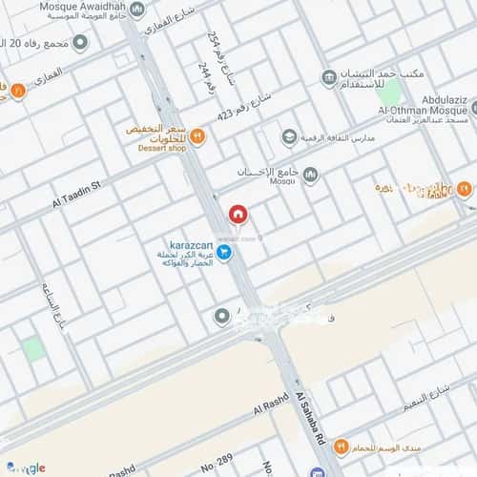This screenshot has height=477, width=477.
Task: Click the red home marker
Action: [x=238, y=215]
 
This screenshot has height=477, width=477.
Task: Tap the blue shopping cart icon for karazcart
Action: [x=225, y=252]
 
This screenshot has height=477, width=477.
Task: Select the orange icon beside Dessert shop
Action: [x=197, y=135]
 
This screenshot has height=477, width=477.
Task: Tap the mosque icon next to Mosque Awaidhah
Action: [x=137, y=11]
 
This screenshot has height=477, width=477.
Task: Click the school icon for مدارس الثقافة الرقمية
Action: [x=288, y=138]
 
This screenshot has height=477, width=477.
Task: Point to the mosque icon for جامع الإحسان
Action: [x=310, y=174]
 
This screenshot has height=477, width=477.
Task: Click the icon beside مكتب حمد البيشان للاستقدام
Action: [x=329, y=75]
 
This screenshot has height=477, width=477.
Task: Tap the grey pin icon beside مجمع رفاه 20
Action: [x=80, y=42]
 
